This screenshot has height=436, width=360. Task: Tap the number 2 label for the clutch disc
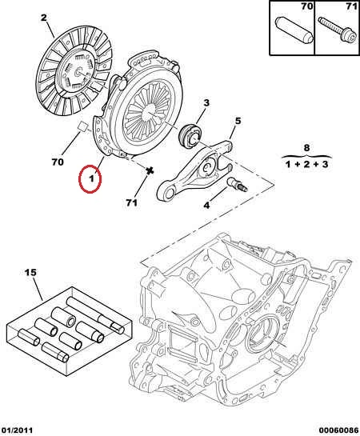click(x=44, y=18)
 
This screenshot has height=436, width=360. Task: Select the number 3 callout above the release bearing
click(x=206, y=103)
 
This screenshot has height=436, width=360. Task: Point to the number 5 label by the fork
click(x=238, y=122)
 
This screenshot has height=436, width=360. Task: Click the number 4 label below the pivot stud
click(x=206, y=206)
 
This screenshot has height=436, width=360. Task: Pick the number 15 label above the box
click(x=30, y=273)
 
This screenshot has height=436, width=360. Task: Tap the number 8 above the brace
click(x=306, y=148)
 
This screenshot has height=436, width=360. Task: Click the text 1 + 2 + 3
click(x=307, y=164)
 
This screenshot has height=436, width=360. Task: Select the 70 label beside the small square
click(x=58, y=162)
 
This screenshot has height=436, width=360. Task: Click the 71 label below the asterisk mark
click(x=131, y=202)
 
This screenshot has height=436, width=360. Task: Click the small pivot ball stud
click(x=238, y=185)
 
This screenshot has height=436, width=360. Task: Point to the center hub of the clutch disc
click(x=78, y=73)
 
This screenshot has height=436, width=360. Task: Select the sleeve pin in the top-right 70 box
click(x=294, y=30)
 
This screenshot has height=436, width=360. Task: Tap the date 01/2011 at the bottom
click(x=17, y=430)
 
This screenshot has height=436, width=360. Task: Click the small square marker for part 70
click(x=82, y=126)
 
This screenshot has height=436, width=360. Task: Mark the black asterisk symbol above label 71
click(x=150, y=171)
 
